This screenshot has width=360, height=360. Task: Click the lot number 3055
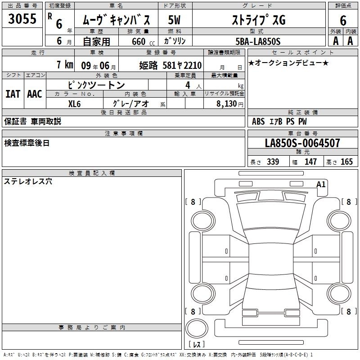[x=22, y=18]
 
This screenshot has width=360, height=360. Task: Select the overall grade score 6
[x=343, y=20]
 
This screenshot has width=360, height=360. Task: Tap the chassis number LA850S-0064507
[x=302, y=143]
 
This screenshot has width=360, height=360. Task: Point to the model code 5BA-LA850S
[x=258, y=41]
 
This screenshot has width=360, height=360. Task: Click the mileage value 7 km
[x=65, y=64]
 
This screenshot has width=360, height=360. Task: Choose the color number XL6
[x=74, y=104]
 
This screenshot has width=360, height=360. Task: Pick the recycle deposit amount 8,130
[x=226, y=104]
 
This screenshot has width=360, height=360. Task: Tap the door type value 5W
[x=174, y=20]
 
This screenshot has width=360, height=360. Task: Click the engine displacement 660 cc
[x=143, y=41]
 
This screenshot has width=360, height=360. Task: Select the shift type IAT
[x=13, y=94]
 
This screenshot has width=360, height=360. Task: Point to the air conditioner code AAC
[x=35, y=94]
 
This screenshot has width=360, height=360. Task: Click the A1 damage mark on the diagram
[x=321, y=184]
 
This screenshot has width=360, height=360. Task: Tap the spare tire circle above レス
[x=197, y=328]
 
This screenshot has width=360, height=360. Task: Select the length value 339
[x=273, y=162]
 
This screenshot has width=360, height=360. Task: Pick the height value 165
[x=346, y=162]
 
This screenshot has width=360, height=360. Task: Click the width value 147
[x=310, y=162]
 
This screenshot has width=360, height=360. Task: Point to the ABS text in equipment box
[x=258, y=121]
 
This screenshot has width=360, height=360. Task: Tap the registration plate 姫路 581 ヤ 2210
[x=171, y=65]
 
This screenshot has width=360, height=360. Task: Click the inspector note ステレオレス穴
[x=28, y=181]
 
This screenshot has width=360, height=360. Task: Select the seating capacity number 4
[x=188, y=85]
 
